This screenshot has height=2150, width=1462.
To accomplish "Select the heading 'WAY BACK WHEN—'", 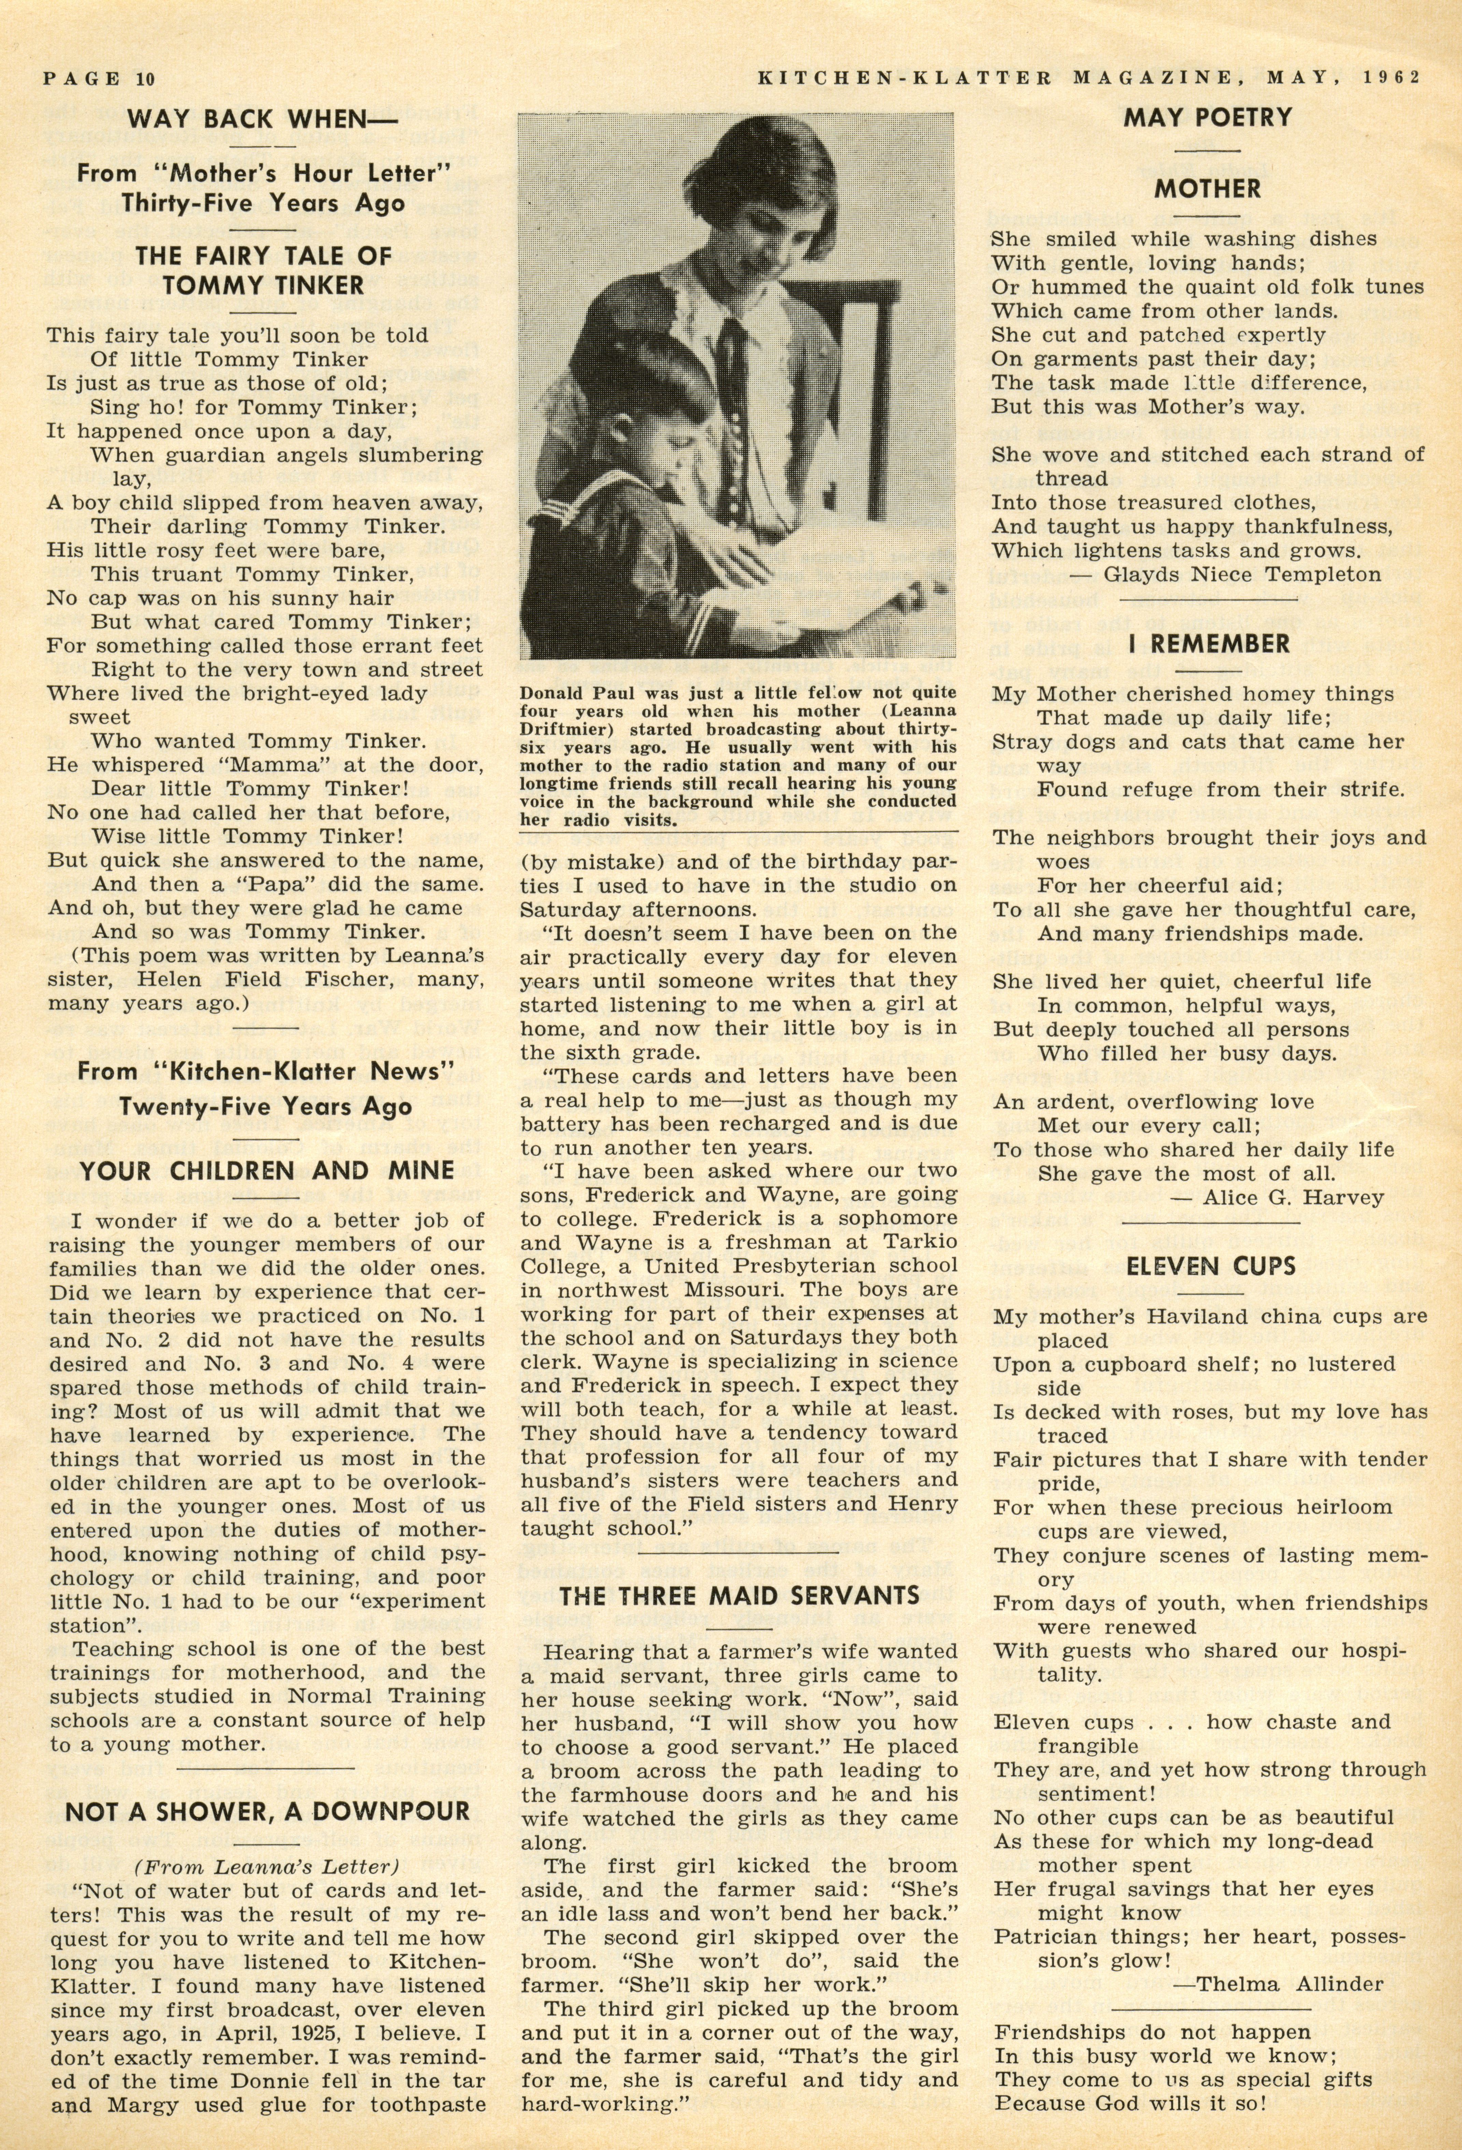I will pos(250,119).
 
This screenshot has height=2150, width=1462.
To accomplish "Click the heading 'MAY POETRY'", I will pos(1208,117).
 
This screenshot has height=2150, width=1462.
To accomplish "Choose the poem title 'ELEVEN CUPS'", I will pos(1211,1265).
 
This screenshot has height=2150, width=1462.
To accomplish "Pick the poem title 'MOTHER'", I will pos(1208,189).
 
